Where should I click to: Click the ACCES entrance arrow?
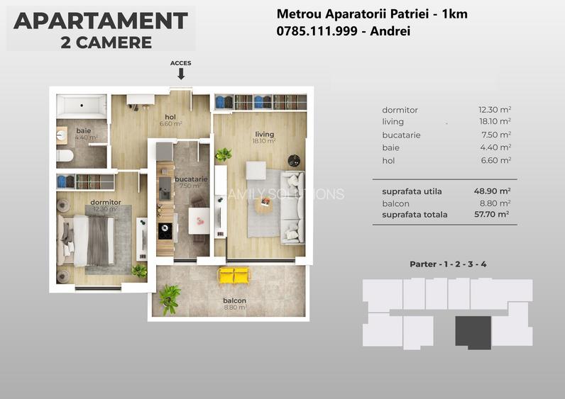pos(181,73)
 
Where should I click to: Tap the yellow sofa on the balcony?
pos(234,275)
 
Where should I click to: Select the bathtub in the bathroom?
pos(81,106)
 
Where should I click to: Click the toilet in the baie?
pos(65,155)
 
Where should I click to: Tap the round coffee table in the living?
pos(263,206)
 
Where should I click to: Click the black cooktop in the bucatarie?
pos(165,230)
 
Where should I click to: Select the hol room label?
pos(170,118)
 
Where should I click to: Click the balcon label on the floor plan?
pos(234,300)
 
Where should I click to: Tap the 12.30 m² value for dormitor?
pos(495,110)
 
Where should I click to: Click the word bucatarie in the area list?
pos(401,135)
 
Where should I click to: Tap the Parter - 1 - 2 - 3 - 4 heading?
pos(448,264)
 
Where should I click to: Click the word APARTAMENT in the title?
pos(101,21)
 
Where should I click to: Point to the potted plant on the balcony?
pos(169,298)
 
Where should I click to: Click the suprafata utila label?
pos(412,191)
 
